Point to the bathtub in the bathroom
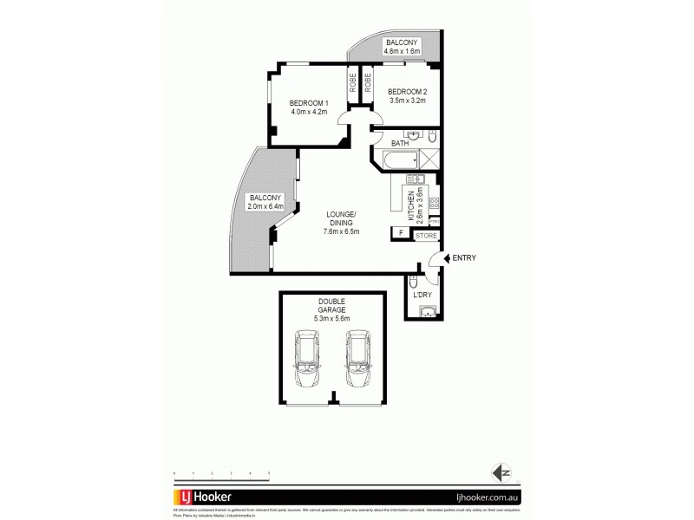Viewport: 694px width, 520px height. pos(394,159)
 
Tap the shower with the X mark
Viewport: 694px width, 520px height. pos(429,159)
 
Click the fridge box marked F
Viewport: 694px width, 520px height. pos(401,232)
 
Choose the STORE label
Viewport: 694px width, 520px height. pos(425,234)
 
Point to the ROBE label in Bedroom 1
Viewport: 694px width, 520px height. pos(354,84)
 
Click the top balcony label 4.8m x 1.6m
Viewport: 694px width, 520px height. pos(402,51)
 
